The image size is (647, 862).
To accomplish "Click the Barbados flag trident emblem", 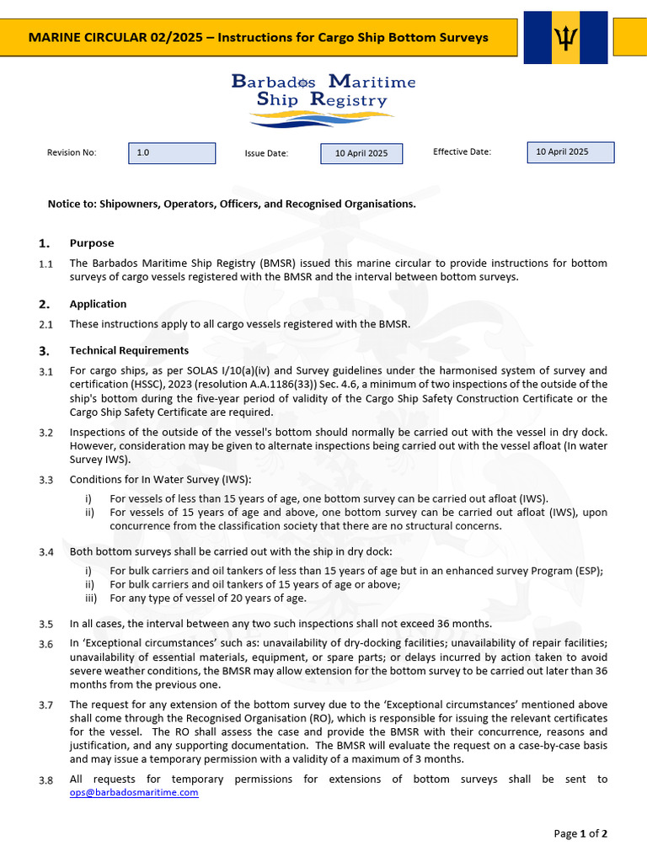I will (x=565, y=37).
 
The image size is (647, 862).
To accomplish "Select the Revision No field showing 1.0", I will (x=172, y=153).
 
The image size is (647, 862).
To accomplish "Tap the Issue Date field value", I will (x=361, y=153).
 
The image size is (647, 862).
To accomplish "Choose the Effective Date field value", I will (x=570, y=152).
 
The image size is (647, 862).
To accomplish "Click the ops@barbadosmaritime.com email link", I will (x=134, y=792).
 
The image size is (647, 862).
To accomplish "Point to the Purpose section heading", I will (x=91, y=243).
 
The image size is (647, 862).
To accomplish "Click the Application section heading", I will (x=98, y=304).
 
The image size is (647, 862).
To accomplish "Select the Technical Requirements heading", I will (x=129, y=350).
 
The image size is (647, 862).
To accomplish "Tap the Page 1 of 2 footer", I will (x=580, y=833).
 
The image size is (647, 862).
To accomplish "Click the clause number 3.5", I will (x=45, y=625).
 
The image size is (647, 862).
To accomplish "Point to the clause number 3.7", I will (x=45, y=705).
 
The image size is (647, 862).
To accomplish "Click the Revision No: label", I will (x=72, y=152).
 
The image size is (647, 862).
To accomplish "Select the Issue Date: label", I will (x=266, y=153).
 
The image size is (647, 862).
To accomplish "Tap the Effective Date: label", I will (x=462, y=152).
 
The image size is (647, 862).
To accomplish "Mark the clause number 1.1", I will (x=45, y=264).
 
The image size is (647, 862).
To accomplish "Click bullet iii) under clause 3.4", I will (x=92, y=599).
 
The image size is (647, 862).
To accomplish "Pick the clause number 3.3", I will (x=45, y=481).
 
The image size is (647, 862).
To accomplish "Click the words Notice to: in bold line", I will (x=72, y=204).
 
